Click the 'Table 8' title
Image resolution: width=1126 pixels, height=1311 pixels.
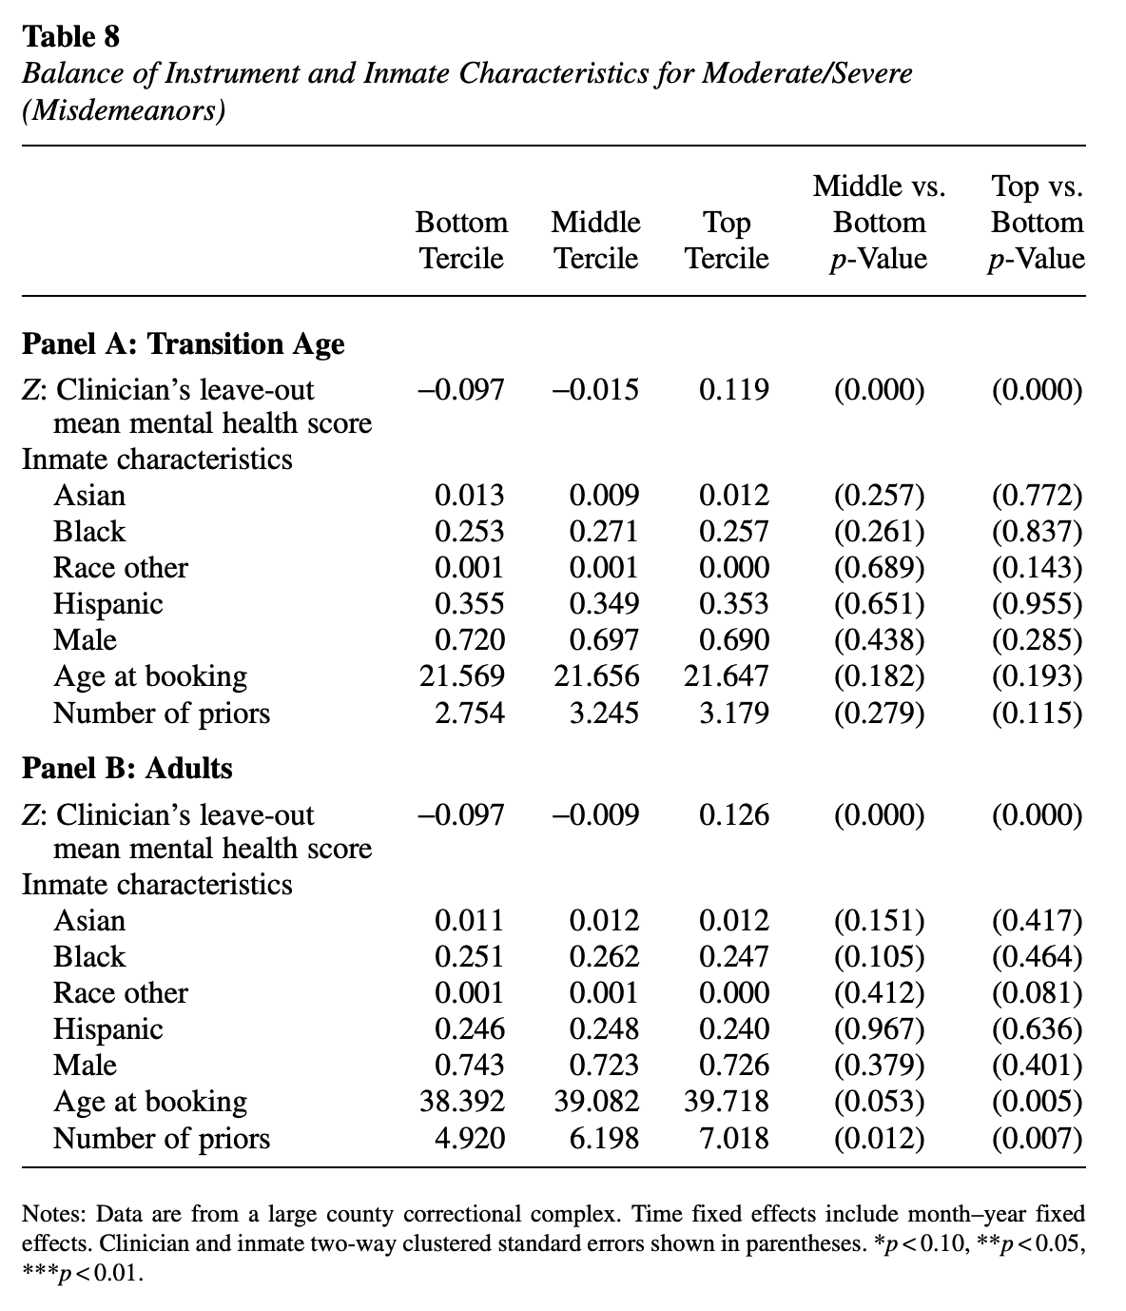[x=71, y=37]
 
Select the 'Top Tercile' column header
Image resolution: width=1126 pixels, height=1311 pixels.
[x=728, y=240]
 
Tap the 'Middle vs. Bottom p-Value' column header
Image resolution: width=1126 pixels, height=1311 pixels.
[x=879, y=222]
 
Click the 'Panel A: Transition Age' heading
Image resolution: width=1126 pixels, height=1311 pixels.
[x=184, y=343]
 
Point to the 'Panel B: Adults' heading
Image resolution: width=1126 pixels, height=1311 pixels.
[x=127, y=768]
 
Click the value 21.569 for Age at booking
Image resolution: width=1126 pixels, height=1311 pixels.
[x=462, y=676]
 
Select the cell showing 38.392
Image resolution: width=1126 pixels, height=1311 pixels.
[x=462, y=1102]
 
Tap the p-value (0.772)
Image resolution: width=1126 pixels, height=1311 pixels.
[x=1037, y=496]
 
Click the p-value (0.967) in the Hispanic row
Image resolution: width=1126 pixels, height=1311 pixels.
[x=879, y=1029]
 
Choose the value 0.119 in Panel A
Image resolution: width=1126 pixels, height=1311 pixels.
[x=734, y=390]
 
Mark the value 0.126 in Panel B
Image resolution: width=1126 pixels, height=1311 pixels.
[x=734, y=815]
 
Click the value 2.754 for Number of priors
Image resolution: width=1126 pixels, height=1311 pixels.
[x=470, y=713]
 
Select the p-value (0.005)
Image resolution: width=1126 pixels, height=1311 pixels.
[x=1037, y=1102]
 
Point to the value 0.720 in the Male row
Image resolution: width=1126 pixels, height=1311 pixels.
[x=470, y=640]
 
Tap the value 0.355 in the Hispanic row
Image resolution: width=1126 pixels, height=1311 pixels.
[x=470, y=604]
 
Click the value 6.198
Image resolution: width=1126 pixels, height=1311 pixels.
[x=604, y=1138]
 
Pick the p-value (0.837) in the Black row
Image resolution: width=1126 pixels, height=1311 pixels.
[x=1037, y=532]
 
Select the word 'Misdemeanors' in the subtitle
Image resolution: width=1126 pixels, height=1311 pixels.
[x=125, y=111]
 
